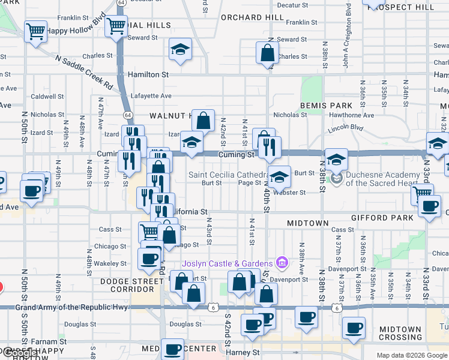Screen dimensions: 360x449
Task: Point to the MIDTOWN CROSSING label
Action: click(x=400, y=333)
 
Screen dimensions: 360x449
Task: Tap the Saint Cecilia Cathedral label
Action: click(x=228, y=175)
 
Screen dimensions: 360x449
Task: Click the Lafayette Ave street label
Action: click(x=152, y=95)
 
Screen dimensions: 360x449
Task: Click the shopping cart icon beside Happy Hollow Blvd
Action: click(x=36, y=31)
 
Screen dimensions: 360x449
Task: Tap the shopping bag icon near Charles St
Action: click(x=267, y=53)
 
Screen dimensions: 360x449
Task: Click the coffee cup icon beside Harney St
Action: click(x=173, y=348)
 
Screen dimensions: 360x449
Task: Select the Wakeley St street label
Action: click(x=110, y=263)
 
